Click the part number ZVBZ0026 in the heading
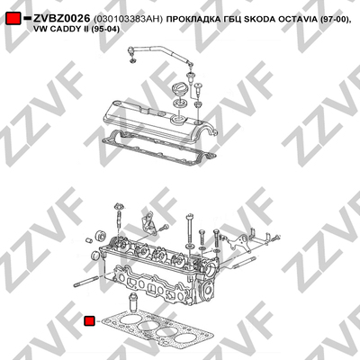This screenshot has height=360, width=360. click(x=61, y=19)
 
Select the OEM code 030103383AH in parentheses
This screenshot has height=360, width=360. click(x=129, y=19)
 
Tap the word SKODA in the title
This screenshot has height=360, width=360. click(x=256, y=19)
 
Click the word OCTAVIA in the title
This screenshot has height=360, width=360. click(x=294, y=19)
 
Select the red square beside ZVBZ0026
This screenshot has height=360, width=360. click(x=13, y=19)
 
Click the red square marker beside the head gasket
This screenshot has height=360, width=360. click(x=89, y=321)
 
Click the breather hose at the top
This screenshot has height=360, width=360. click(x=160, y=54)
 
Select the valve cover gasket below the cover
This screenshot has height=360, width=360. click(x=158, y=147)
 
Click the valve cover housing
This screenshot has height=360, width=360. click(x=160, y=119)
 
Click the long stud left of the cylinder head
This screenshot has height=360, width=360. click(x=88, y=282)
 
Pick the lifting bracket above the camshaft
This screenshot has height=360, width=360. click(x=148, y=222)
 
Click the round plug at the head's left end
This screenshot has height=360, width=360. click(x=96, y=256)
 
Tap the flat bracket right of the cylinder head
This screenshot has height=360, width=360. click(x=240, y=242)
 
